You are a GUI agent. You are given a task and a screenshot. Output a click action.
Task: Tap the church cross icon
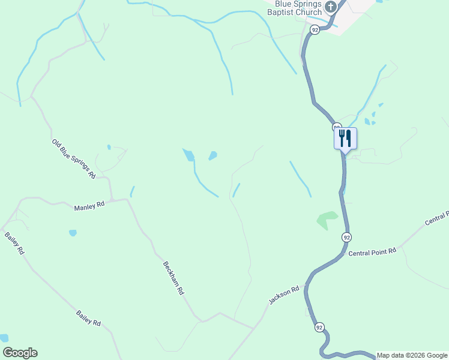pyautogui.click(x=330, y=7)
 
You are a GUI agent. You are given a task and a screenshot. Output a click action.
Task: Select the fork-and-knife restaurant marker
pyautogui.click(x=345, y=138)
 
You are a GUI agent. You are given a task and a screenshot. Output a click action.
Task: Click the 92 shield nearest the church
pyautogui.click(x=314, y=29)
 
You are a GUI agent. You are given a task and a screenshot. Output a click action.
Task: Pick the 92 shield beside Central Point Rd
pyautogui.click(x=346, y=237)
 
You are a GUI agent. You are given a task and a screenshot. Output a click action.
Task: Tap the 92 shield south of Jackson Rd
pyautogui.click(x=319, y=327)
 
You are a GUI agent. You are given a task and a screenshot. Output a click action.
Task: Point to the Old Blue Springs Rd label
pyautogui.click(x=74, y=159)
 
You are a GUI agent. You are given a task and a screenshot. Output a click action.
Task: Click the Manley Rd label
pyautogui.click(x=89, y=206)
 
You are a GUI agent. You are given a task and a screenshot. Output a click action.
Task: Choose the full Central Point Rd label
pyautogui.click(x=373, y=252)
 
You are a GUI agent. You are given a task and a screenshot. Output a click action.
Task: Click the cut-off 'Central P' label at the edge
pyautogui.click(x=437, y=218)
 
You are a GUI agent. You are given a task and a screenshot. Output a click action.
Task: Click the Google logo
pyautogui.click(x=20, y=353)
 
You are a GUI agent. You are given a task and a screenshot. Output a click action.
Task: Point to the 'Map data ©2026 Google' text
pyautogui.click(x=412, y=355)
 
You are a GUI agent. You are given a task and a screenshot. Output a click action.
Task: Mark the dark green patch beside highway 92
pyautogui.click(x=327, y=220)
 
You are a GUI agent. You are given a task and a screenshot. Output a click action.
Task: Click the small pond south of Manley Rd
pyautogui.click(x=73, y=233)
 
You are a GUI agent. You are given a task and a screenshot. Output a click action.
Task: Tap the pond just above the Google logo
pyautogui.click(x=4, y=338)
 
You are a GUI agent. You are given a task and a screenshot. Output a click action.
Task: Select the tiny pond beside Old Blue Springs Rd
pyautogui.click(x=109, y=147)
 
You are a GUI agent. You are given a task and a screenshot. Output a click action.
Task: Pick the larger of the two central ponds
pyautogui.click(x=189, y=155)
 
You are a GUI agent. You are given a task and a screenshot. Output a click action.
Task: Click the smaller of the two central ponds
pyautogui.click(x=212, y=156)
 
